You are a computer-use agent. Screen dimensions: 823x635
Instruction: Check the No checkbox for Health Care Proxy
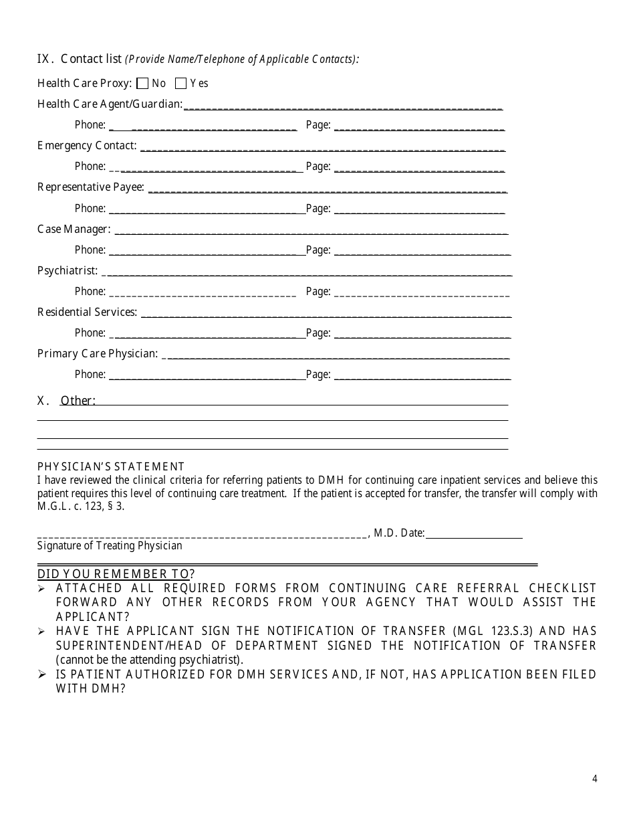pyautogui.click(x=142, y=84)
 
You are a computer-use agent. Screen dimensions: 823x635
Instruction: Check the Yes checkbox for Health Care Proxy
pyautogui.click(x=180, y=84)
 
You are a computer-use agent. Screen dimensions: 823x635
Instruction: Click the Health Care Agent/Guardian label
pyautogui.click(x=110, y=104)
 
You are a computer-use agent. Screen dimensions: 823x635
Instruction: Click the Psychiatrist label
pyautogui.click(x=68, y=270)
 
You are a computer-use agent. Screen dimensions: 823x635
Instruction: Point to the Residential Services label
pyautogui.click(x=87, y=312)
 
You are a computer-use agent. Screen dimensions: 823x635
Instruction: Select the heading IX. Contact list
pyautogui.click(x=79, y=59)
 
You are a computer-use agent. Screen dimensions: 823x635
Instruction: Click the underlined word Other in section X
pyautogui.click(x=78, y=401)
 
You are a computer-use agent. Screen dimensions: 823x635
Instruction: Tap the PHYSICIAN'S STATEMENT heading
pyautogui.click(x=111, y=466)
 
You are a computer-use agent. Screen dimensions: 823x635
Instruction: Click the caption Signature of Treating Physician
pyautogui.click(x=110, y=545)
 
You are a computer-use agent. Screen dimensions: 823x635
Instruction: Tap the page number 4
pyautogui.click(x=594, y=778)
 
